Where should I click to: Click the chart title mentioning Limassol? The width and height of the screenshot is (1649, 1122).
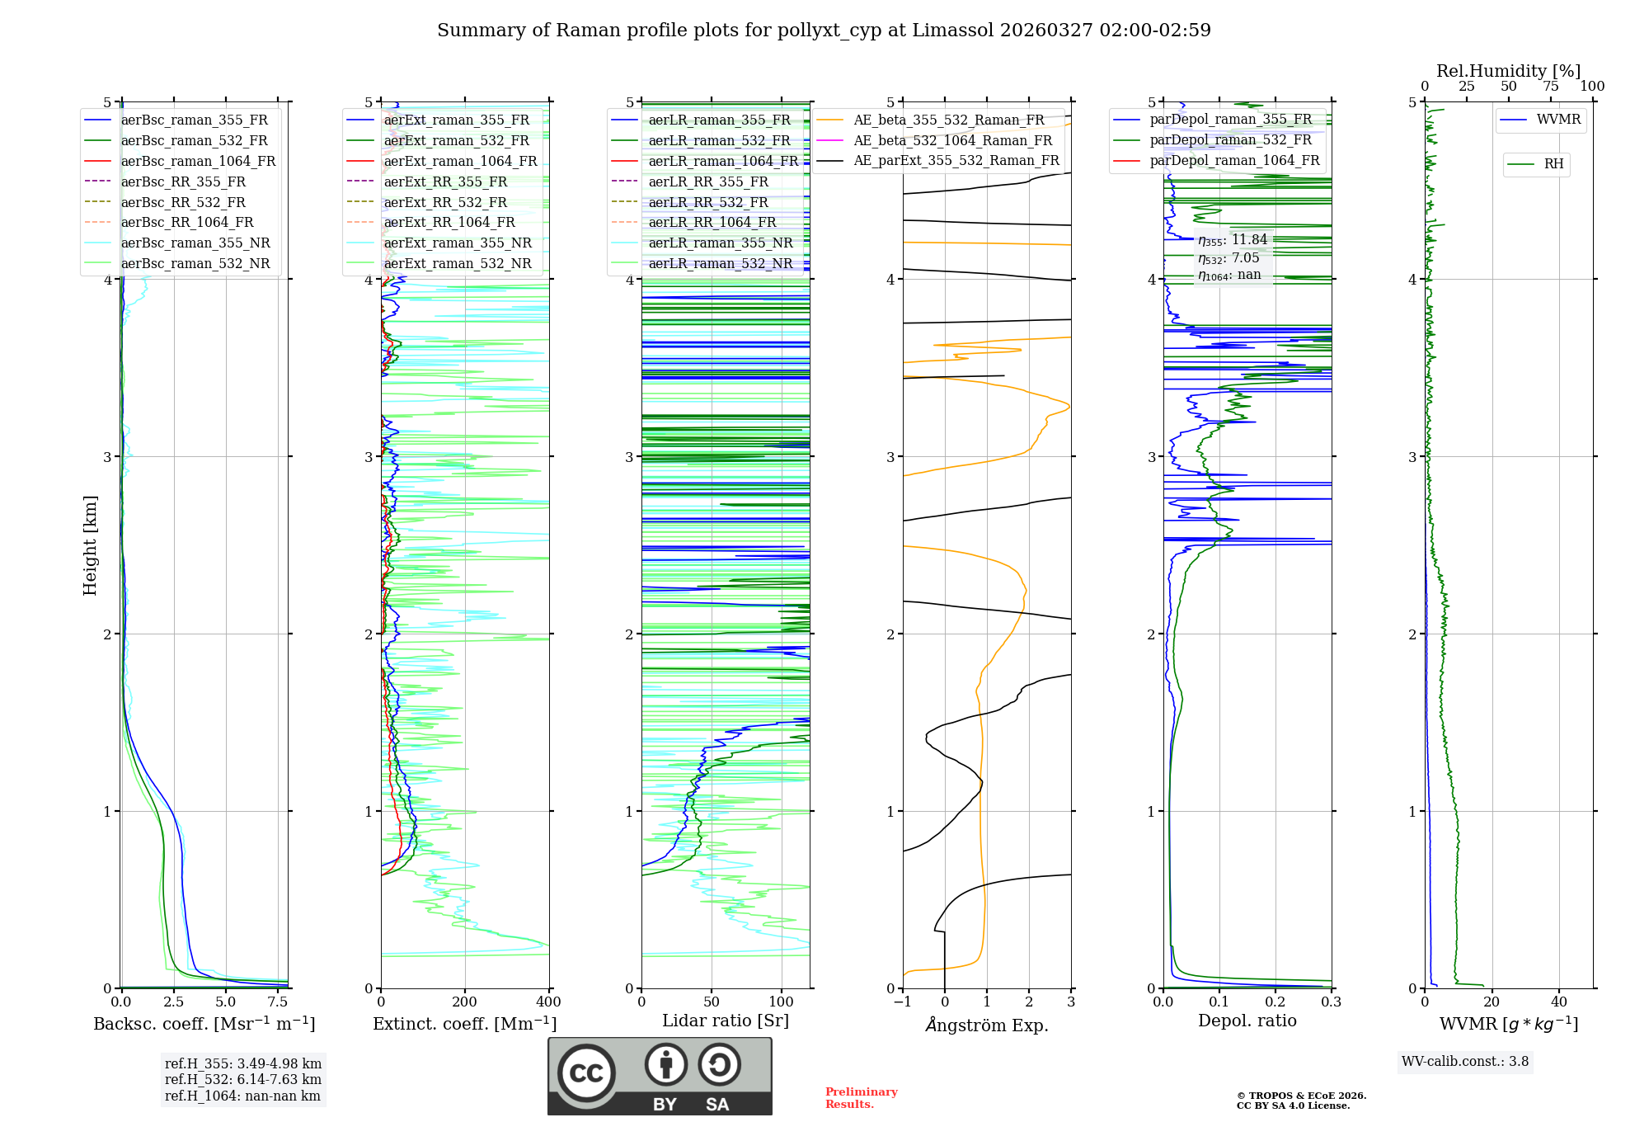coord(824,31)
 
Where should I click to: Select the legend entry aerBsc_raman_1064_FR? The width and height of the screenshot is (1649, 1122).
coord(198,161)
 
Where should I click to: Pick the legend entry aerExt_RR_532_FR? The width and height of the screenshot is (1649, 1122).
coord(445,202)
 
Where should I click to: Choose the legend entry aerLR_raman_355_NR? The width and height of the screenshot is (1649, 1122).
coord(720,243)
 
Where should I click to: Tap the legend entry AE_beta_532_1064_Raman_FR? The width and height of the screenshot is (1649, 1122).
coord(952,140)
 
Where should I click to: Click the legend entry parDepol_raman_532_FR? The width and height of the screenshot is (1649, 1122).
coord(1230,139)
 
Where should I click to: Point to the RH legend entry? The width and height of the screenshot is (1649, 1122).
coord(1553,164)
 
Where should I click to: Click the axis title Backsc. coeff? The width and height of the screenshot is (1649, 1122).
coord(204,1024)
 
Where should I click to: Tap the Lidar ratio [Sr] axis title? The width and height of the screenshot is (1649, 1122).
coord(725,1021)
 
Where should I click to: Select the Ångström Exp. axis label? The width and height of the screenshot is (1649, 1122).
coord(986,1025)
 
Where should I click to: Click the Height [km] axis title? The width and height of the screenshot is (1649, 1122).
coord(90,545)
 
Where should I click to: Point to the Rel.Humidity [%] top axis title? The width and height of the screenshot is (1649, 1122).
coord(1508,71)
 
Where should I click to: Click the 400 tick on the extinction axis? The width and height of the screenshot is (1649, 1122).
coord(548,1002)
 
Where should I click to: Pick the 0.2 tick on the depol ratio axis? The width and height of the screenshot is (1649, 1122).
coord(1275,1002)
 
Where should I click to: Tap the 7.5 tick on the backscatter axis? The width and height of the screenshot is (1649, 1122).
coord(278,1002)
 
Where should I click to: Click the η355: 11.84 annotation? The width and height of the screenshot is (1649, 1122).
coord(1233,240)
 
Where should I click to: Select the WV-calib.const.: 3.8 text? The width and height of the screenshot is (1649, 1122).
coord(1464,1062)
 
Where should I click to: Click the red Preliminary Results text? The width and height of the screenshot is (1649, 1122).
coord(861,1098)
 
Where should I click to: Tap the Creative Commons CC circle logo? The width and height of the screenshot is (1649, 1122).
coord(586,1072)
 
